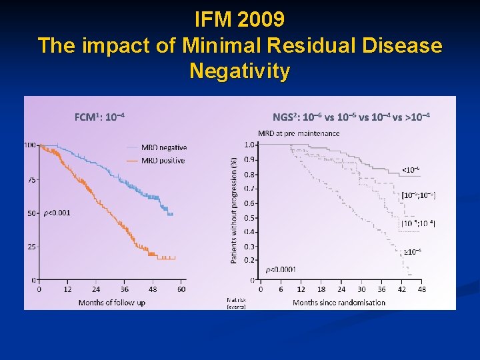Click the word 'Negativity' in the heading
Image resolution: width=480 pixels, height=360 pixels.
tap(240, 70)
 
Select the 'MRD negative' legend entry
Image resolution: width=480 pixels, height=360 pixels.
tap(164, 147)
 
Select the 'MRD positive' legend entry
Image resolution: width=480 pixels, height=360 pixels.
tap(163, 161)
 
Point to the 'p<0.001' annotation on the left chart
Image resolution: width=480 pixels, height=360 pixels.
tap(57, 213)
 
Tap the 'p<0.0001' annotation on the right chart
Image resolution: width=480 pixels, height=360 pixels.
tap(281, 269)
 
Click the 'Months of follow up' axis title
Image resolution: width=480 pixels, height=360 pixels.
tap(111, 303)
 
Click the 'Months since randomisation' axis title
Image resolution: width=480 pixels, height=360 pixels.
tap(339, 303)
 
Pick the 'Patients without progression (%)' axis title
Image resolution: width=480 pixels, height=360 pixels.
tap(234, 210)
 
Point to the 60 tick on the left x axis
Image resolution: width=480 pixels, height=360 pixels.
tap(181, 289)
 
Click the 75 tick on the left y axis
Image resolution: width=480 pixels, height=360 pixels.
tap(31, 179)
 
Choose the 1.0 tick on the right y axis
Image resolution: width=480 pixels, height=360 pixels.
tap(249, 145)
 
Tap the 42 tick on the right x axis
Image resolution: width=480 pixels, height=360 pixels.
tap(401, 289)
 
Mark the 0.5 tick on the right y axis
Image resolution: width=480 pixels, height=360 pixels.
tap(249, 217)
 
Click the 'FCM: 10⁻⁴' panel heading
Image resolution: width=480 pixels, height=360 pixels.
tap(100, 117)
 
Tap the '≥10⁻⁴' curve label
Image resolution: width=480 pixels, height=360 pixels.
tap(413, 251)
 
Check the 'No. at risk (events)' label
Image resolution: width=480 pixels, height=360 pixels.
tap(236, 303)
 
